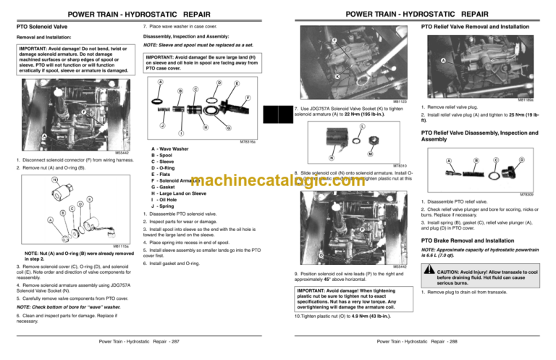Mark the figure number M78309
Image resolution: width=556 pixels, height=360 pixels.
[x=542, y=194]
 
